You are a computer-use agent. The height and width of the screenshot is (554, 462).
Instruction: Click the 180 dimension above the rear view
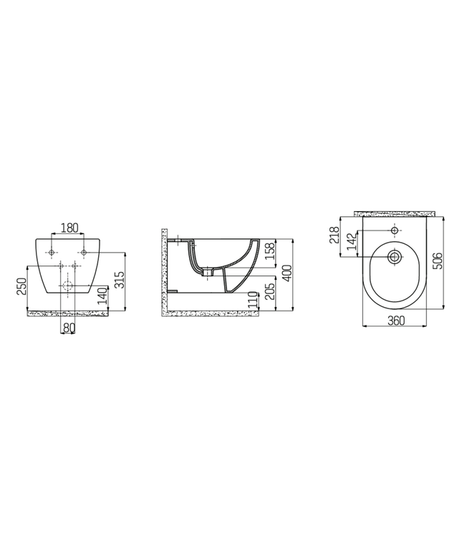point(69,228)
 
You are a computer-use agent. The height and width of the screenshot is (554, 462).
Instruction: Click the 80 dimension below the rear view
point(69,328)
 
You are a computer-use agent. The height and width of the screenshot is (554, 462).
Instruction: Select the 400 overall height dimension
point(287,272)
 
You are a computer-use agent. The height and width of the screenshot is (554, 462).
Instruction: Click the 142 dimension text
point(350,242)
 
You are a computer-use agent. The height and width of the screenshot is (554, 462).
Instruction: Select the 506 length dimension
point(437,261)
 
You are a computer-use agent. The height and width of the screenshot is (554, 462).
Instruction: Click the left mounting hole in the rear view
point(52,252)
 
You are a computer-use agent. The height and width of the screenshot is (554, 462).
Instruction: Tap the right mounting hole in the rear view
point(84,252)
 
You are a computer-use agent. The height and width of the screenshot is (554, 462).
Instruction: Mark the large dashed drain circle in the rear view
point(67,286)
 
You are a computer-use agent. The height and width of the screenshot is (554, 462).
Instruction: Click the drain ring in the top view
point(395,256)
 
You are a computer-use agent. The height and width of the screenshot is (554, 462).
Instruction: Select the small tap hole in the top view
point(395,231)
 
